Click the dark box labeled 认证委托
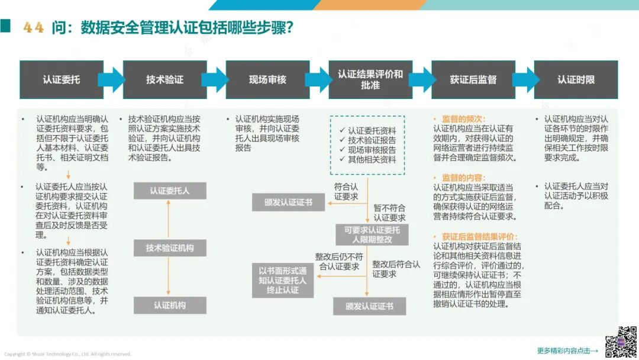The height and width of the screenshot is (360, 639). click(x=61, y=79)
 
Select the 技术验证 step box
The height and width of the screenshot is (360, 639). click(x=164, y=79)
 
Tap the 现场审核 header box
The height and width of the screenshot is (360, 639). click(x=267, y=79)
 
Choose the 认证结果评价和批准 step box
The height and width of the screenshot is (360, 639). click(x=370, y=79)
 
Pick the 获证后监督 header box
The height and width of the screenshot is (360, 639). click(x=473, y=79)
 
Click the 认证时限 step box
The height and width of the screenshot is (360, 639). click(x=576, y=79)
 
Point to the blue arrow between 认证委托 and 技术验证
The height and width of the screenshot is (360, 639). click(x=112, y=79)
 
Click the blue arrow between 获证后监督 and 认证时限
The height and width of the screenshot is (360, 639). click(x=524, y=79)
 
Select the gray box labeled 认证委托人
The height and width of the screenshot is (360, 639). click(x=170, y=191)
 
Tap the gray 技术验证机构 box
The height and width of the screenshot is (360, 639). click(x=170, y=248)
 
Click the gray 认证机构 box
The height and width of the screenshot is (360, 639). click(x=170, y=305)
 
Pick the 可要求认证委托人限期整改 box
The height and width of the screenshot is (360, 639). click(x=372, y=234)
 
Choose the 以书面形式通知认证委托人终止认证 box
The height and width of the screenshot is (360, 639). click(x=283, y=280)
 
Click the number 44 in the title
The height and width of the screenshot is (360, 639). click(x=34, y=28)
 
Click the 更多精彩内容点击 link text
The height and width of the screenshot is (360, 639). click(x=567, y=351)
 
